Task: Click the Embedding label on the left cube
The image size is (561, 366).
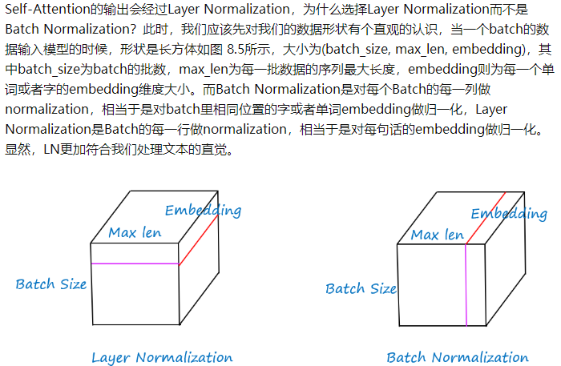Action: [203, 211]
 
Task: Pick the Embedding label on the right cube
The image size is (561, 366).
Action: [509, 214]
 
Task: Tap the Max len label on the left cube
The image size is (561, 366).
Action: [135, 233]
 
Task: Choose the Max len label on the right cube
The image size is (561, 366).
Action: [438, 235]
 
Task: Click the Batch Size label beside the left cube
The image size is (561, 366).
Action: [51, 284]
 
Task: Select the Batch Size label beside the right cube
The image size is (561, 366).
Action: [361, 288]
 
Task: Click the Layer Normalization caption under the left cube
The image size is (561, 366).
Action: [162, 357]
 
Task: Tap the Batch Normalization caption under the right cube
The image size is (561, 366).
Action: [458, 357]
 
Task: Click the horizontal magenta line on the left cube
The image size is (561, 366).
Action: [135, 263]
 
